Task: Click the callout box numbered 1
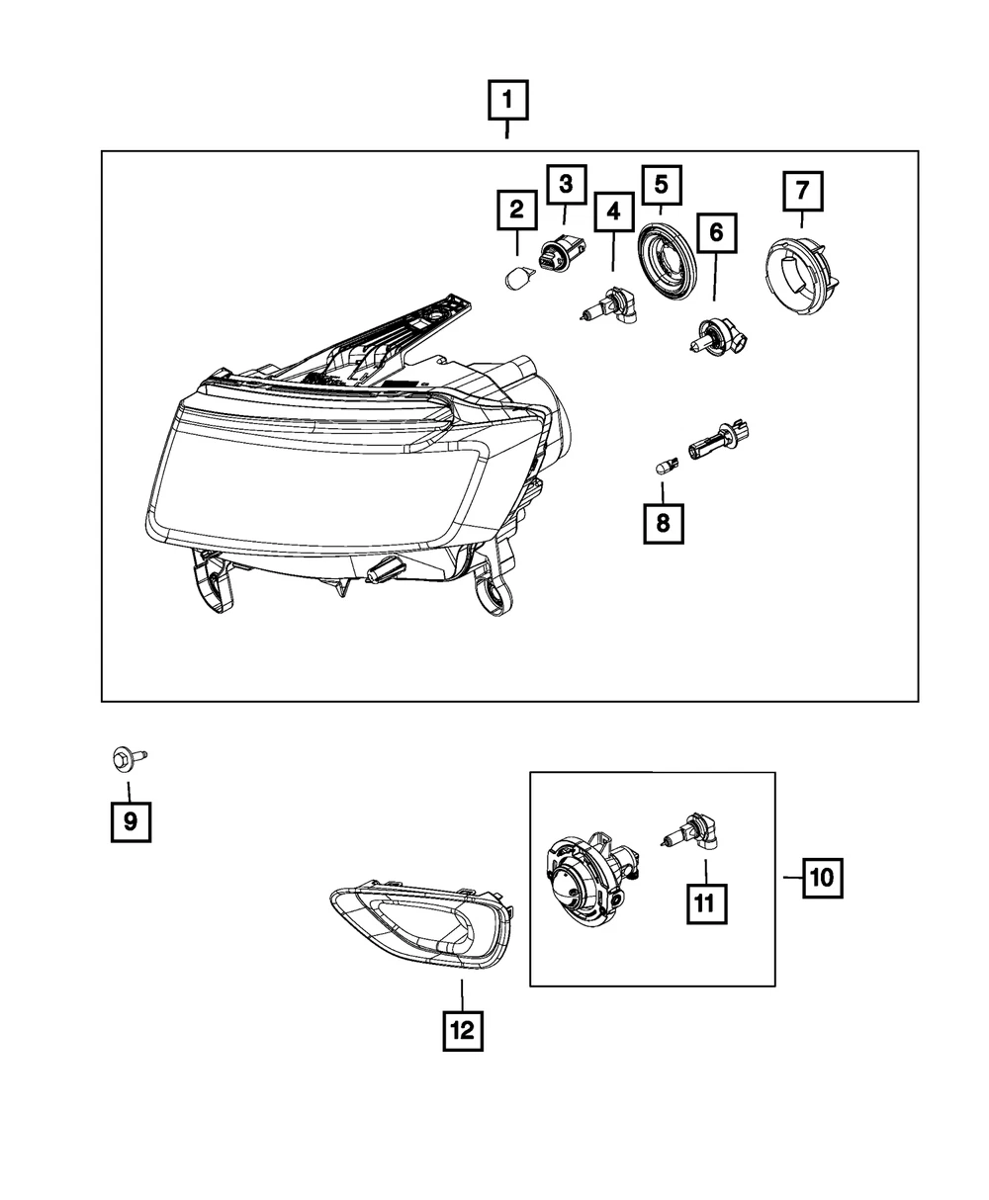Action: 507,100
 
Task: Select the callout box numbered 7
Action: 802,191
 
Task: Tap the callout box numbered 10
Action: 822,878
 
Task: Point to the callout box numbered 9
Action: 132,821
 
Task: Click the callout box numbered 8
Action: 664,524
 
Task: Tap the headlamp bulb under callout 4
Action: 609,304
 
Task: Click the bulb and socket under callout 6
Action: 718,336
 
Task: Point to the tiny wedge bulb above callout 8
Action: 667,465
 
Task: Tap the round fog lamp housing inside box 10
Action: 593,884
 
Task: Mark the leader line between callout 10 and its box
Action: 793,878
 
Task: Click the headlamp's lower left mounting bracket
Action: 212,581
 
